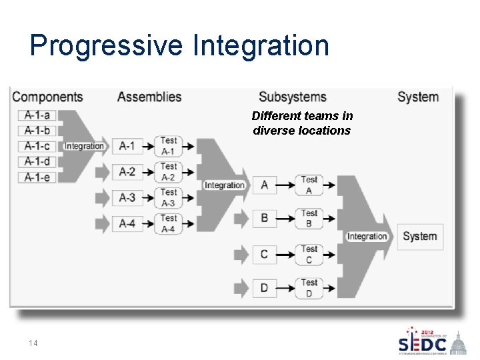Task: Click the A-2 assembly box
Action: [x=127, y=172]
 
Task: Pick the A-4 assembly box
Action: [x=127, y=223]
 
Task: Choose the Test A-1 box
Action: [x=169, y=145]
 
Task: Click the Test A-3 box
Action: [x=169, y=197]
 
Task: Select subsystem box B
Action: [x=265, y=218]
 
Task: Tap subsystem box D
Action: [x=265, y=288]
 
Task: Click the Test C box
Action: [x=309, y=253]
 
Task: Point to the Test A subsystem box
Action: [x=309, y=185]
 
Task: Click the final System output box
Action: [x=420, y=237]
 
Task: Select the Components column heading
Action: [x=47, y=97]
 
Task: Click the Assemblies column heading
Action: [x=149, y=97]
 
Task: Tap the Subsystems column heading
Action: [x=293, y=97]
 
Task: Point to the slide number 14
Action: [x=33, y=343]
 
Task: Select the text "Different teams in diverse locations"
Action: [x=302, y=123]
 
